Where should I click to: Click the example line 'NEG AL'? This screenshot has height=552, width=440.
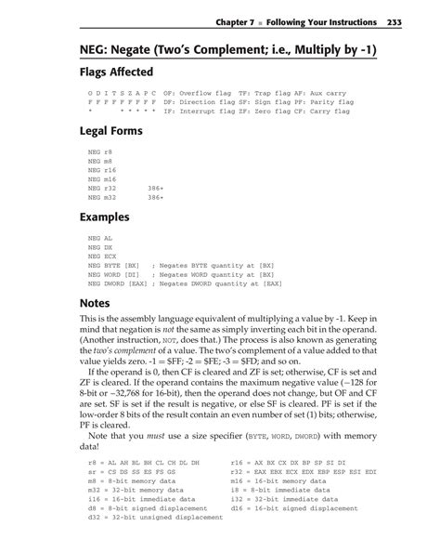coord(99,238)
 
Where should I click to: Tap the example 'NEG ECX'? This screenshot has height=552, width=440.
coord(101,256)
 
